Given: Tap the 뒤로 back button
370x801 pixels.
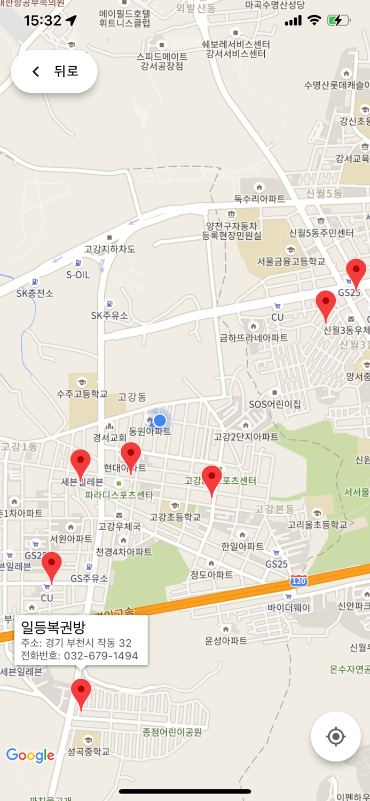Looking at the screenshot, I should (54, 72).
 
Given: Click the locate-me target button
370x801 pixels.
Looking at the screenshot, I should (335, 736).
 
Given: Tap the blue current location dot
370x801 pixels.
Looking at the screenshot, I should (160, 420).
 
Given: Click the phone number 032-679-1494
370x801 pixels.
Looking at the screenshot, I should (101, 656).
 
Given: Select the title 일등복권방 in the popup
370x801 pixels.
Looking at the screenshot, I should (53, 627).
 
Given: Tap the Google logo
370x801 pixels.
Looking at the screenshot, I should (30, 755).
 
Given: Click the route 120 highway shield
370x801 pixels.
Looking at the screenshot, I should (299, 580).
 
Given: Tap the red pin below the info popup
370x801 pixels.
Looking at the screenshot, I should (81, 692).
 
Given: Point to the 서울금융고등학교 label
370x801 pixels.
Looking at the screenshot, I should (291, 262).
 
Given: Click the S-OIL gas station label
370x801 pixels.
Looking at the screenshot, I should (78, 275).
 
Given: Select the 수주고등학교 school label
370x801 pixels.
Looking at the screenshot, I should (82, 394).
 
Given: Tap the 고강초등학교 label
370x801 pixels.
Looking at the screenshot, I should (175, 516).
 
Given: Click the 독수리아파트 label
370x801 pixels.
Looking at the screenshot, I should (259, 199).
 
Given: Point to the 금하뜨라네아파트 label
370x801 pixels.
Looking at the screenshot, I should (254, 337).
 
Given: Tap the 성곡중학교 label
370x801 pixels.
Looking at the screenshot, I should (89, 751).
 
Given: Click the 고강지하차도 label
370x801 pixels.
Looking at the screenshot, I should (110, 249).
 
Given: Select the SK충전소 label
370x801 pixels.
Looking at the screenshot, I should (35, 293).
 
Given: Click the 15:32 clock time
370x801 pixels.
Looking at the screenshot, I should (43, 21).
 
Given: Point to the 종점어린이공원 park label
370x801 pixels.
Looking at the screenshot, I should (172, 732).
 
